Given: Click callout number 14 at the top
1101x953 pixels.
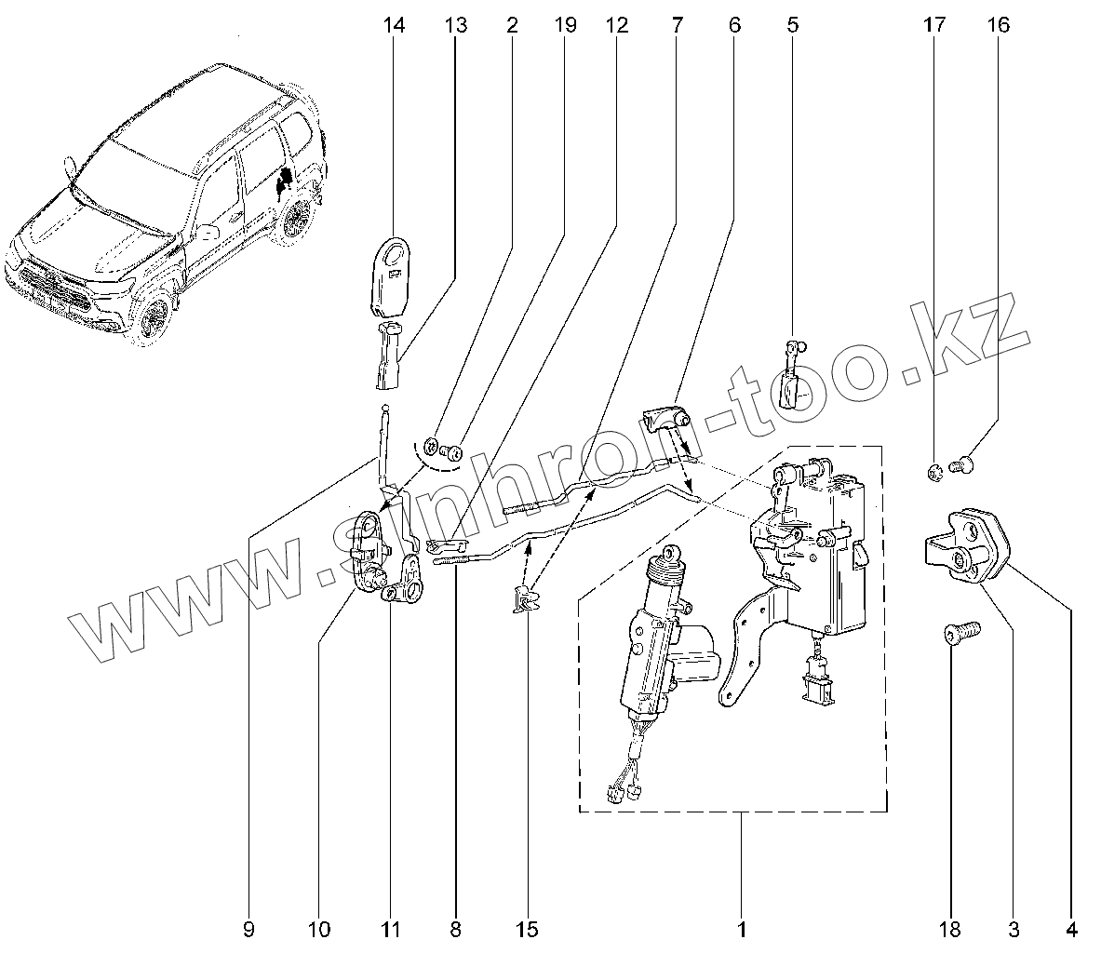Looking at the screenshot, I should (x=394, y=25).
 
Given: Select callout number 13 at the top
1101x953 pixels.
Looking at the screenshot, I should (x=455, y=25).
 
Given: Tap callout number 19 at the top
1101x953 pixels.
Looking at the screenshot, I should (x=565, y=25).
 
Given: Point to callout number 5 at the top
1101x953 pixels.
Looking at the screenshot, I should (x=792, y=25).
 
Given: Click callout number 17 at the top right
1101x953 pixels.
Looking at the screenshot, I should (x=933, y=25).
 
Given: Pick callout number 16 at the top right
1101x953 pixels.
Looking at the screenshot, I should (x=997, y=25).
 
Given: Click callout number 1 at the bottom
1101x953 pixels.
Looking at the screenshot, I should (x=742, y=928).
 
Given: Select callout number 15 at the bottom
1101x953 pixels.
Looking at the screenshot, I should (x=526, y=928).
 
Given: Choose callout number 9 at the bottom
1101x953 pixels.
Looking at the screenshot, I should (x=248, y=928).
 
